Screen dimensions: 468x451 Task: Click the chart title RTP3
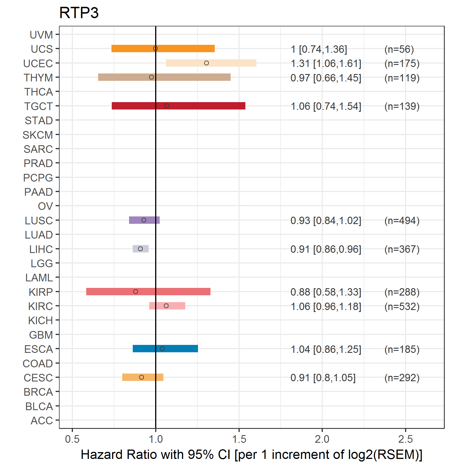tap(79, 13)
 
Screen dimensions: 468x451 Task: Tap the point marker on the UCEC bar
tap(206, 63)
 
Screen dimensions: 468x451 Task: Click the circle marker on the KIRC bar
tap(166, 306)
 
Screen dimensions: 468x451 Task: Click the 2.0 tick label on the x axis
tap(322, 439)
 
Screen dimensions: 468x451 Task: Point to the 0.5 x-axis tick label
tap(72, 439)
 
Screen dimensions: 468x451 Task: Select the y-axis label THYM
tap(38, 78)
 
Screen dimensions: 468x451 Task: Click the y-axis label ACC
tap(42, 421)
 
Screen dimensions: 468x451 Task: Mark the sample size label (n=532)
tap(402, 307)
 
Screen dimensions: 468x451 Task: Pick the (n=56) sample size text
tap(399, 49)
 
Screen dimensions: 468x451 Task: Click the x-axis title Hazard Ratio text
tap(251, 454)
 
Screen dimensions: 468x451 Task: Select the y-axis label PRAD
tap(38, 163)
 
